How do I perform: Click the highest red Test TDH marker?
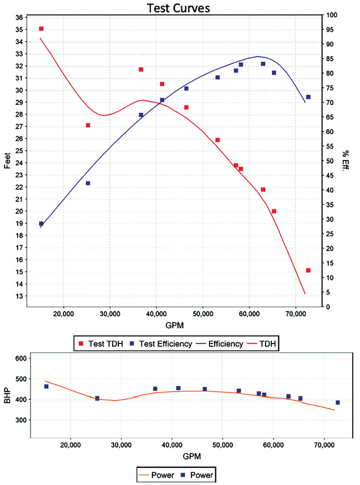coord(41,29)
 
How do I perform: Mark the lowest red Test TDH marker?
coord(308,271)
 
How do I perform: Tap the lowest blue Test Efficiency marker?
coord(41,224)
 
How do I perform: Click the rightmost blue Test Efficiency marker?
coord(308,97)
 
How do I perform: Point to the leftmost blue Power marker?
coord(46,386)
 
